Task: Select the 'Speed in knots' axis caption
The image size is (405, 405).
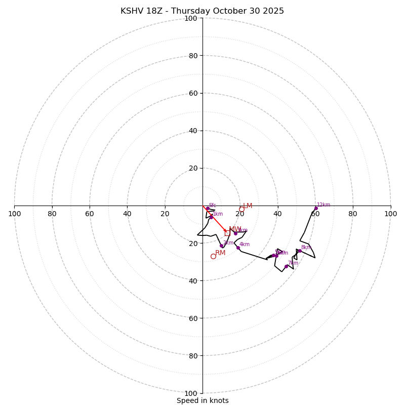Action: (x=202, y=400)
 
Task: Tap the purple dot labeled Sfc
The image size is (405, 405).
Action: (x=208, y=208)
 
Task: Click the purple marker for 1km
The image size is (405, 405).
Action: (x=211, y=217)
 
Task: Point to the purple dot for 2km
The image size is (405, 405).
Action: (x=221, y=246)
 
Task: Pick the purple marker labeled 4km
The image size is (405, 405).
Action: (x=238, y=248)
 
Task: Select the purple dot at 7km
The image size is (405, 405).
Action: (x=286, y=266)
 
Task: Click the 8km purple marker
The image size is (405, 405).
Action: (x=300, y=251)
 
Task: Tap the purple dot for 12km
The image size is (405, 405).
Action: (x=316, y=208)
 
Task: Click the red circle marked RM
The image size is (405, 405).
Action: (x=213, y=257)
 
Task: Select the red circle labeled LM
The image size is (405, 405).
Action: (x=241, y=209)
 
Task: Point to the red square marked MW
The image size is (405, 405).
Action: (x=227, y=233)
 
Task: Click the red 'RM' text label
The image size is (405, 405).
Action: (x=220, y=253)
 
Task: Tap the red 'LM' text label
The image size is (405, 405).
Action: (x=248, y=206)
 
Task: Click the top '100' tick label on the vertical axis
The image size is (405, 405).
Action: (x=190, y=18)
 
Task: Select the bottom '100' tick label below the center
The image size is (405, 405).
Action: (x=190, y=393)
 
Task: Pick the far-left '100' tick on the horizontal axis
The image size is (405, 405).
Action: (x=14, y=214)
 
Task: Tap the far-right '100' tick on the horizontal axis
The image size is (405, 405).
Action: (x=390, y=214)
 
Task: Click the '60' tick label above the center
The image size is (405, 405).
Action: (x=193, y=93)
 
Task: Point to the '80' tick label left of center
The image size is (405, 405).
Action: (x=52, y=214)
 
